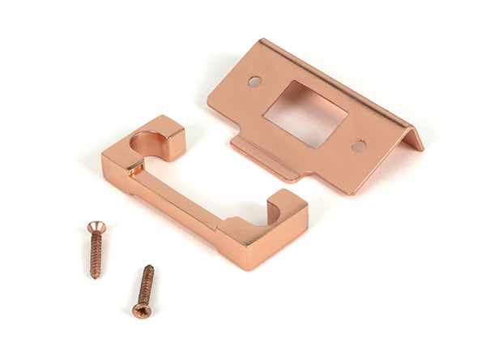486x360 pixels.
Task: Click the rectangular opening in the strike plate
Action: (x=305, y=113)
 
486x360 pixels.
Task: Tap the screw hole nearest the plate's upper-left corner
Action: (x=254, y=81)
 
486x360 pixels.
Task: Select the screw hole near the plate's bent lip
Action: (x=358, y=146)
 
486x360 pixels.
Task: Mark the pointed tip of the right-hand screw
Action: (x=150, y=267)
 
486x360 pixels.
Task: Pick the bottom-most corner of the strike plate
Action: (x=349, y=194)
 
